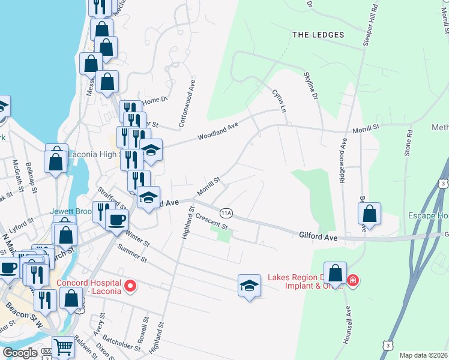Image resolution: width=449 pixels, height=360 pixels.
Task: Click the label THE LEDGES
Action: point(318,35)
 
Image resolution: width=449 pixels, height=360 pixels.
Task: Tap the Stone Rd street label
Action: point(409,143)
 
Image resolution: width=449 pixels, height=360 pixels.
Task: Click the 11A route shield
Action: point(226,213)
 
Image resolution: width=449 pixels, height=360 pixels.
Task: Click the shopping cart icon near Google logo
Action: point(63,347)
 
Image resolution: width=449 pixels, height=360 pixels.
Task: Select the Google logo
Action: point(20,353)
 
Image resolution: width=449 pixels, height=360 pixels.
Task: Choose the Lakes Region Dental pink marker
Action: point(353,280)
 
